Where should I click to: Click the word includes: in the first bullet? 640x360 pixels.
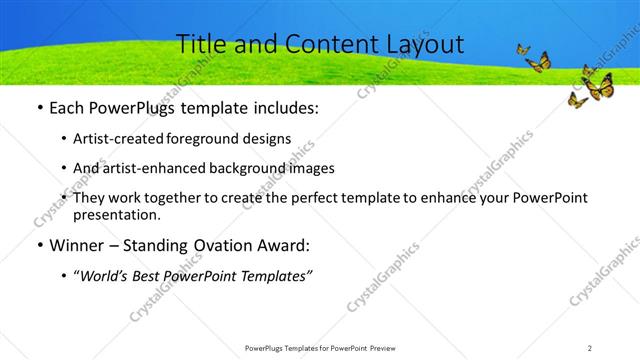(285, 108)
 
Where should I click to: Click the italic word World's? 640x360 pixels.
(104, 275)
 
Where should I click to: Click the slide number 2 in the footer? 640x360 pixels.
(589, 347)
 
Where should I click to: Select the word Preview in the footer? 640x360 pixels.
(388, 347)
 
